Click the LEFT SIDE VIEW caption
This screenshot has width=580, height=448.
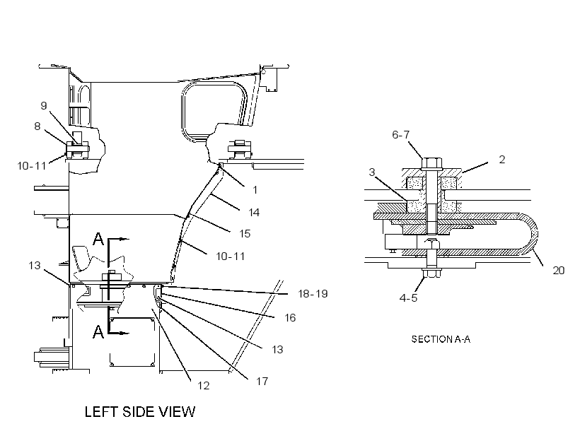[x=140, y=412]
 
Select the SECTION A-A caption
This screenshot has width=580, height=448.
[x=441, y=339]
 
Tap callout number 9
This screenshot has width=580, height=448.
[x=44, y=106]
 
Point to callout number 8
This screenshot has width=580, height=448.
[x=37, y=126]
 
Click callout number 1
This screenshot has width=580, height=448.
[x=255, y=190]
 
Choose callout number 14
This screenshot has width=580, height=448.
[x=254, y=213]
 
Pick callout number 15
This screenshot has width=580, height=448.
[x=245, y=234]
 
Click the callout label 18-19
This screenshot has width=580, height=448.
[x=313, y=294]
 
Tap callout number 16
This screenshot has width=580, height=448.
[x=290, y=318]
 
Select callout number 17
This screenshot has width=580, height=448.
[x=262, y=381]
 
